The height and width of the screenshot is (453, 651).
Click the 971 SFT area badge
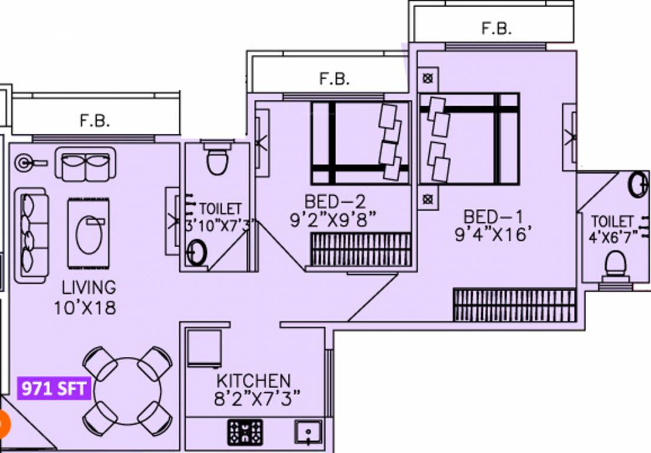54,389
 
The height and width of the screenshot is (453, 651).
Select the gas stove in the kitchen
245,432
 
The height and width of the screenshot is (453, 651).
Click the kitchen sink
308,432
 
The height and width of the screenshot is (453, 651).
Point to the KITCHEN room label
254,380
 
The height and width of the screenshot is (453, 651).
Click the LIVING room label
89,288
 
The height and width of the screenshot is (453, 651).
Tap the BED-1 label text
493,216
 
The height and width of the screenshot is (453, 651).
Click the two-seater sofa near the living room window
86,164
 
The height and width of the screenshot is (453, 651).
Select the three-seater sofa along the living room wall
31,235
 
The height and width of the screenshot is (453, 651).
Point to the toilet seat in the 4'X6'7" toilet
614,265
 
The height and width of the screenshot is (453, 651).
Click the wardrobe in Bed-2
360,249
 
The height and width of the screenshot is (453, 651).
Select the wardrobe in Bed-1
514,305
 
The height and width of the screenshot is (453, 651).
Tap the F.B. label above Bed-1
497,28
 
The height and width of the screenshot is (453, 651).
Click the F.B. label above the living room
95,121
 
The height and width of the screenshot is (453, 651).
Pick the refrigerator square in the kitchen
203,348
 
